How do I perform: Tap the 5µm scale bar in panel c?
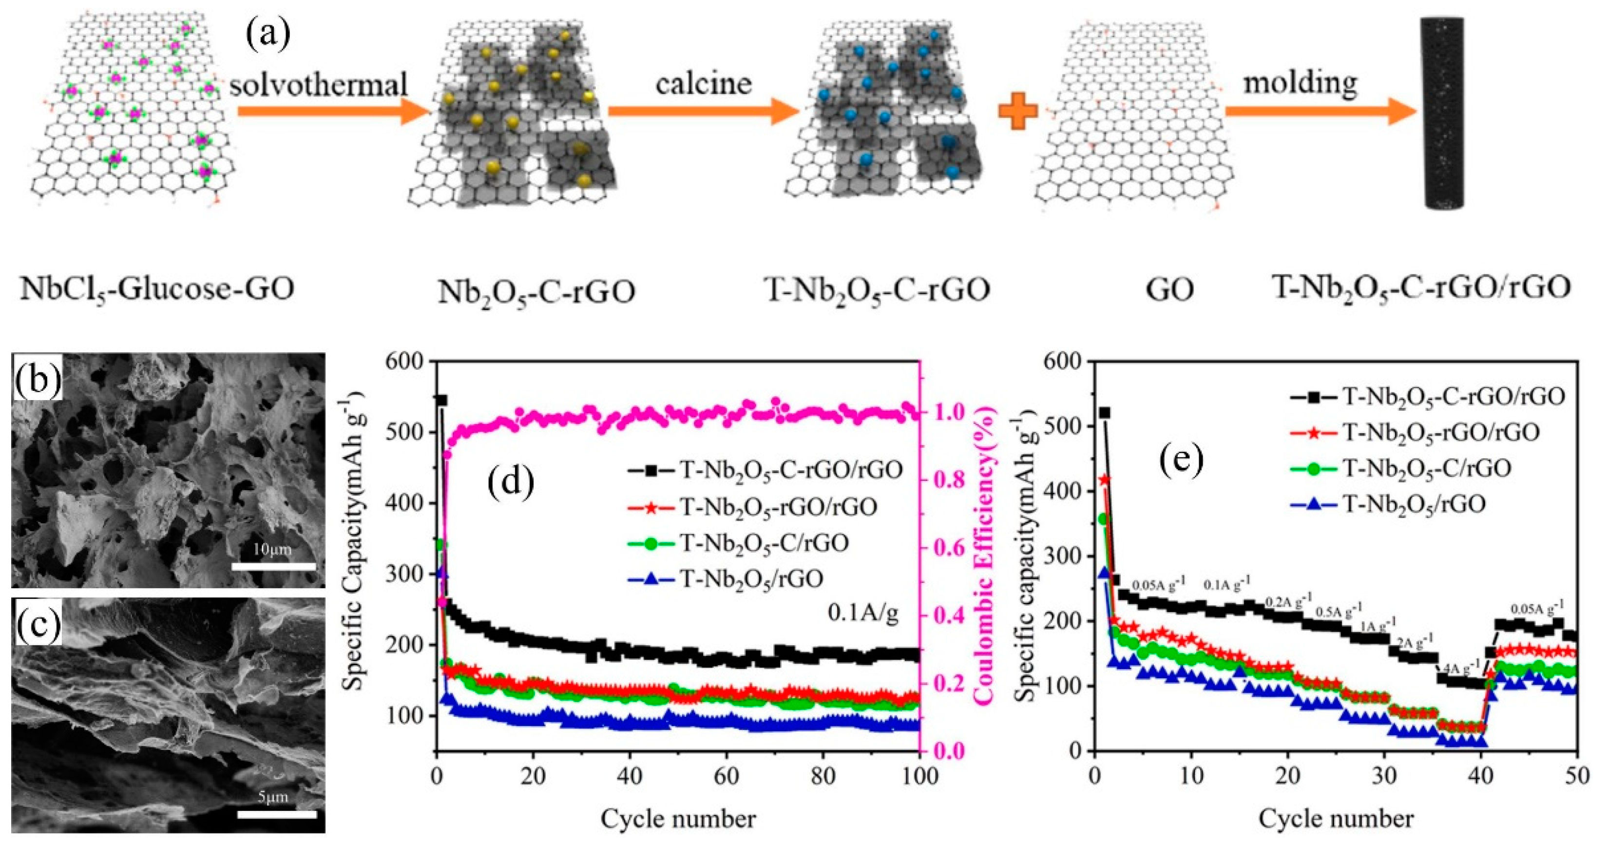tap(277, 814)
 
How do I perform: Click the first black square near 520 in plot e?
tap(1104, 413)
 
